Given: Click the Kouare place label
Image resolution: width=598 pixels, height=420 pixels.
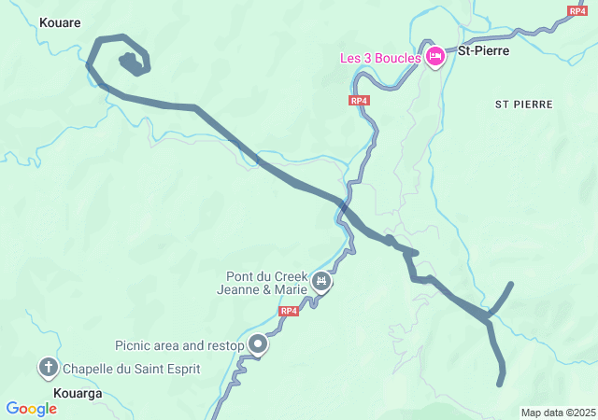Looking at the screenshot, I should click(60, 21).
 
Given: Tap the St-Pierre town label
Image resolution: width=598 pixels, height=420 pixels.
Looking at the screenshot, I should click(483, 50).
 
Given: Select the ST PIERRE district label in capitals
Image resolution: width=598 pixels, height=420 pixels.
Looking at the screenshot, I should click(524, 105).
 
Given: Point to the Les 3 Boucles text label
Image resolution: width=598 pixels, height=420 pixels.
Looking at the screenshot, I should click(379, 58).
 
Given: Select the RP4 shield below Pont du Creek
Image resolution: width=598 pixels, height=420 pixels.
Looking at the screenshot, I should click(289, 311).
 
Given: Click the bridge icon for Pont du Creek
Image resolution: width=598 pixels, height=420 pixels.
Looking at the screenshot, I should click(322, 281).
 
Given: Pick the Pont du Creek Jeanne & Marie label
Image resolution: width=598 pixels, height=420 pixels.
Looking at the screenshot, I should click(268, 283).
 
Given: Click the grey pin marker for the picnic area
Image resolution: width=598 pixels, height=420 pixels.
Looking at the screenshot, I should click(258, 345).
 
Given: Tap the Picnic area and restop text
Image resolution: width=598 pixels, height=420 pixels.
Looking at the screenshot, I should click(179, 345).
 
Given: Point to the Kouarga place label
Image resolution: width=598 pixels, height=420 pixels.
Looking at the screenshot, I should click(77, 394).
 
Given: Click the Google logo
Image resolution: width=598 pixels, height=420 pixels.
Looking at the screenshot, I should click(31, 409).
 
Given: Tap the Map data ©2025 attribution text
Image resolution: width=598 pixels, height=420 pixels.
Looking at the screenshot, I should click(558, 413).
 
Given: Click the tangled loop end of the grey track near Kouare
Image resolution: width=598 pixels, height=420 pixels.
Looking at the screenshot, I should click(132, 63).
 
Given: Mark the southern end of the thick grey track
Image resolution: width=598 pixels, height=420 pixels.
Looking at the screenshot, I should click(500, 382).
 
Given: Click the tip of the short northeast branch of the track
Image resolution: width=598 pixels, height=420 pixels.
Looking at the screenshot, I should click(511, 283).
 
